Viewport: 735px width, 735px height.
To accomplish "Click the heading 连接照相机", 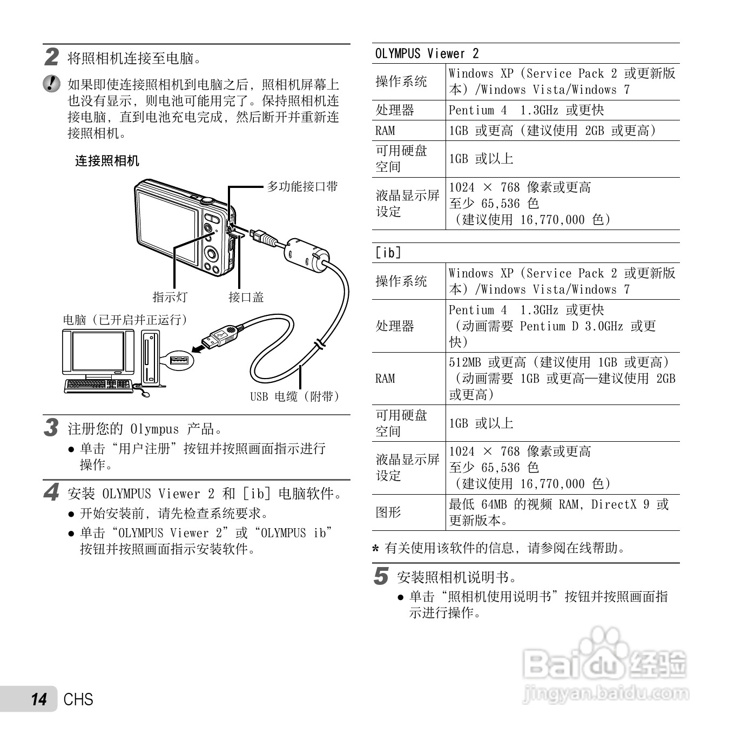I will click(107, 161).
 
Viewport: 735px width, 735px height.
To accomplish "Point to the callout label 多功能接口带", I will click(302, 186).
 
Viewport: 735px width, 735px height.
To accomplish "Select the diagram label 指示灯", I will click(170, 297).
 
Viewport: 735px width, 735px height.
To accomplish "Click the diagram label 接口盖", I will click(246, 297).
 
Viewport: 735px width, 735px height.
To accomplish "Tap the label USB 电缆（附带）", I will click(295, 396).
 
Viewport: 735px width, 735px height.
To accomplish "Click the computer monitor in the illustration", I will click(98, 353).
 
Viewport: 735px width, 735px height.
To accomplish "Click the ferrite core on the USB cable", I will click(307, 254).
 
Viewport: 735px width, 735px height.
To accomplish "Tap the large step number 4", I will click(51, 493).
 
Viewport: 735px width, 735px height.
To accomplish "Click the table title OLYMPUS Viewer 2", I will click(427, 53).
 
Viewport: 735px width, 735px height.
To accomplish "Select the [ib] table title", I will click(388, 253).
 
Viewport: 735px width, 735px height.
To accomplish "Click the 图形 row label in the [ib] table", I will click(388, 512).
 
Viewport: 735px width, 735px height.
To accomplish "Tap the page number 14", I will click(39, 699).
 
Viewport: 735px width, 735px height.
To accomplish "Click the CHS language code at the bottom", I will click(78, 699).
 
